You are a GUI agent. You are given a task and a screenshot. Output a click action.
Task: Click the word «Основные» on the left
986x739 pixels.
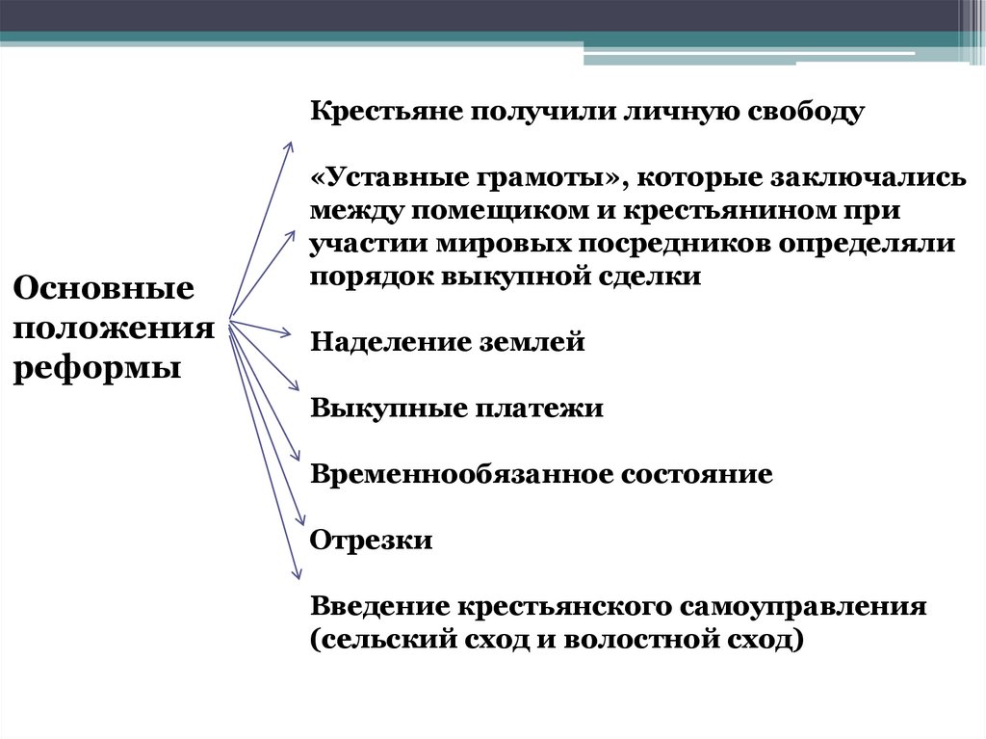(103, 288)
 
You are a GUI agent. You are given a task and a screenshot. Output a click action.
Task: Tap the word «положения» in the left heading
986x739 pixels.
(113, 328)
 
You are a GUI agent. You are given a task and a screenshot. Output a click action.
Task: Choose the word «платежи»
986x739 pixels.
(538, 409)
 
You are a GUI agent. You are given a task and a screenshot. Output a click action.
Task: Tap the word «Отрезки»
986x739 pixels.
(371, 540)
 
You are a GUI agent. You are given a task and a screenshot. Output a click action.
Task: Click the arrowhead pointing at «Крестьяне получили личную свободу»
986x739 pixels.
(289, 145)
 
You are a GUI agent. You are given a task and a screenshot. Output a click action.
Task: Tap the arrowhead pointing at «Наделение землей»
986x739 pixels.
(287, 334)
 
